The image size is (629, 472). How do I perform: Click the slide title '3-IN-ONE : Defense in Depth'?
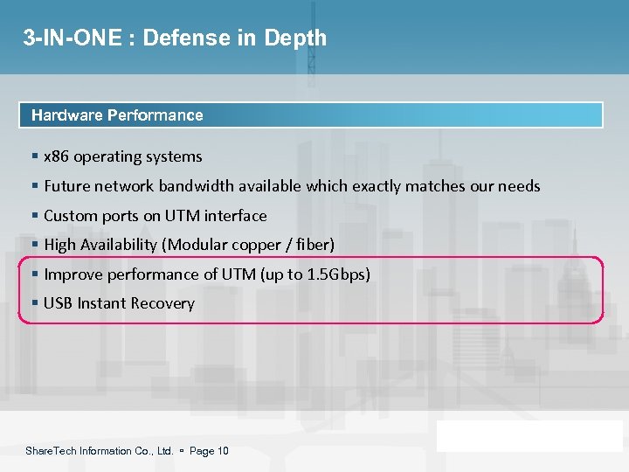pyautogui.click(x=175, y=38)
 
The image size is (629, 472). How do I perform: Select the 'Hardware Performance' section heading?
pyautogui.click(x=117, y=115)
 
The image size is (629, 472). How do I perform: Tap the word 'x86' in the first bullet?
pyautogui.click(x=56, y=157)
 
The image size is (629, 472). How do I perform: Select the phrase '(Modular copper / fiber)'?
pyautogui.click(x=262, y=245)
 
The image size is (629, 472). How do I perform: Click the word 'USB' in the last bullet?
pyautogui.click(x=58, y=303)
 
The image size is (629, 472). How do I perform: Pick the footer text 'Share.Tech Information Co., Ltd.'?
pyautogui.click(x=99, y=451)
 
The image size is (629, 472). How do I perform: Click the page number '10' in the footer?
pyautogui.click(x=223, y=451)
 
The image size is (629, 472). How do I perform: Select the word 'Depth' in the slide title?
pyautogui.click(x=298, y=38)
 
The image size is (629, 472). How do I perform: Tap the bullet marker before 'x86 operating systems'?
pyautogui.click(x=34, y=157)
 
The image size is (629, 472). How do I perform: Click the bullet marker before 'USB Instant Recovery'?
pyautogui.click(x=34, y=303)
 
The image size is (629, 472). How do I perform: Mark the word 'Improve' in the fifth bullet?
pyautogui.click(x=70, y=274)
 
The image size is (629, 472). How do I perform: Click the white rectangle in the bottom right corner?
pyautogui.click(x=529, y=435)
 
